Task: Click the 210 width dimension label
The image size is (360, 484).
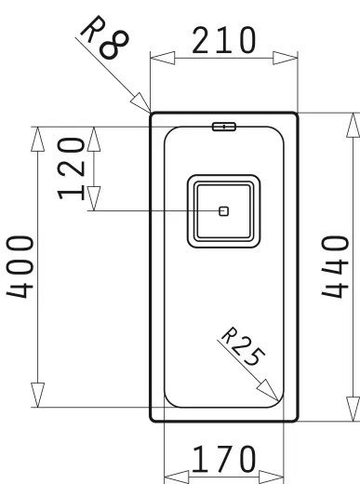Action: [x=224, y=40]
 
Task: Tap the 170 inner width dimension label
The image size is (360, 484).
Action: [x=224, y=460]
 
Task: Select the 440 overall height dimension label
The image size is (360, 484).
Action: [x=335, y=267]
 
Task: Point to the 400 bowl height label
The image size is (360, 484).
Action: [x=20, y=267]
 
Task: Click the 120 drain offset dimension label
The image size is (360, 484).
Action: [x=71, y=168]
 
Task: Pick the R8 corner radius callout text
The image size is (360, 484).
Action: [x=104, y=36]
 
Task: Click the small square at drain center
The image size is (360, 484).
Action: [x=223, y=211]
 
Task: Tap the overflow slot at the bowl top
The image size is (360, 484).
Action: [x=224, y=127]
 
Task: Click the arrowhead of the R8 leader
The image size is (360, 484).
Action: [x=140, y=102]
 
